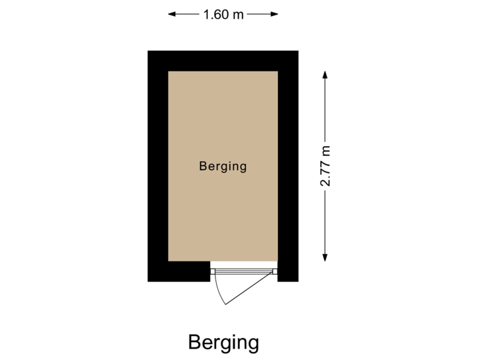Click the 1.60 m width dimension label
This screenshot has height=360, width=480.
point(223,14)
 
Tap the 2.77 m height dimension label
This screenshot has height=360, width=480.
point(326,167)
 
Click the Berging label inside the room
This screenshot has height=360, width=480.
point(223,167)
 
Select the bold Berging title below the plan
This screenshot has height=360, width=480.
point(223,343)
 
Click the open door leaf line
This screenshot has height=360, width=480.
point(250,288)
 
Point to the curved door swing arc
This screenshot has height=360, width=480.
point(218,290)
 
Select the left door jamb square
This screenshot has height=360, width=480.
point(213,271)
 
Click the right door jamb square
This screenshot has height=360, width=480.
point(275,271)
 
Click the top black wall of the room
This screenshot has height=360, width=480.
point(223,61)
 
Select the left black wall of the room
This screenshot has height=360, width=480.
point(157,167)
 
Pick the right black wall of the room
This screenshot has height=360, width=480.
point(288,167)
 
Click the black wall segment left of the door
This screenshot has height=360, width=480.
point(179,271)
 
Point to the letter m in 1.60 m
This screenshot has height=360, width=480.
point(237,14)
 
